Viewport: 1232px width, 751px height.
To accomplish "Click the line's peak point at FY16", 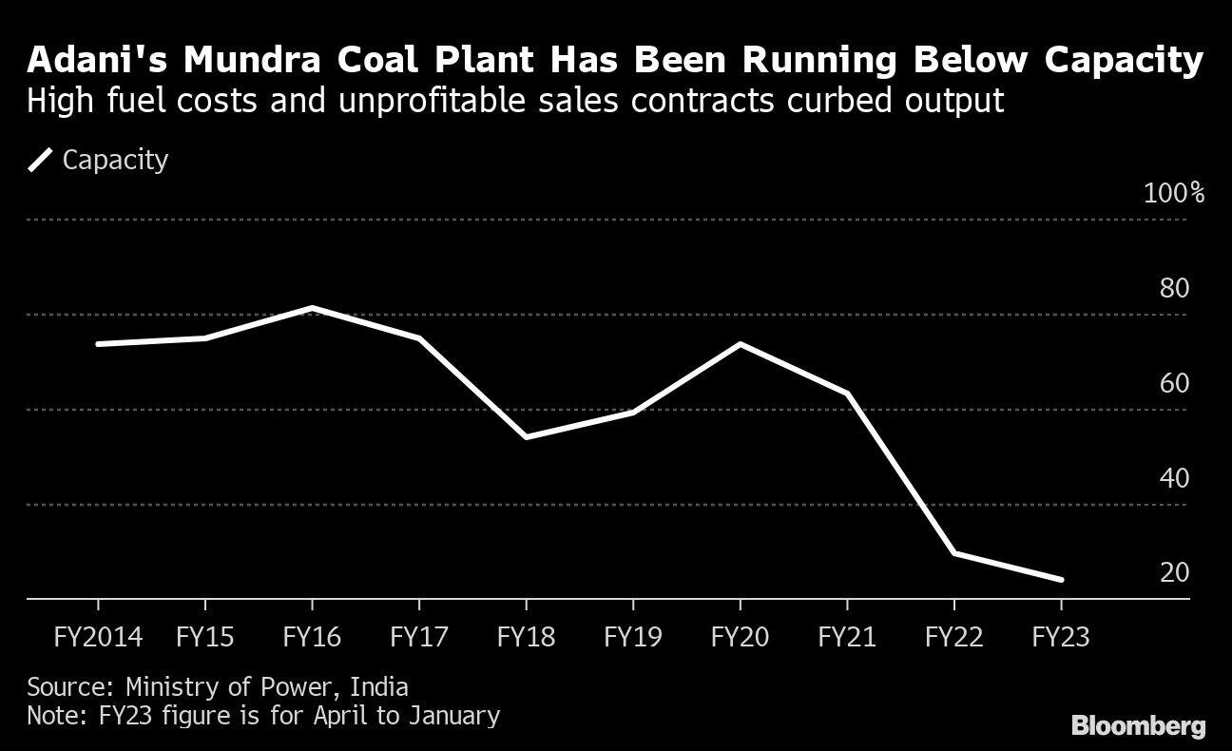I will (312, 307).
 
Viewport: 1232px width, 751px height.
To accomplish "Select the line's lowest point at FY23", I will (1061, 579).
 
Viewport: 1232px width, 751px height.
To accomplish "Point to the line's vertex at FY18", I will (526, 436).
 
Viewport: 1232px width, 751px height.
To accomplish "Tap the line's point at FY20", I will (740, 344).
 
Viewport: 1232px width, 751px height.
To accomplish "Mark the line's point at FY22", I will (953, 552).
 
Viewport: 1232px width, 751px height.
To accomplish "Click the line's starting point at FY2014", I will (98, 344).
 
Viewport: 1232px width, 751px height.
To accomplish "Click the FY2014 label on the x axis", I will (98, 637).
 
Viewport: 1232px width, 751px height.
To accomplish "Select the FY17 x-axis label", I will (418, 637).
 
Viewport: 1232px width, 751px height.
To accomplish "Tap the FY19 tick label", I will (632, 637).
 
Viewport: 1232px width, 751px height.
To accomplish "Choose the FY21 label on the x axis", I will (846, 637).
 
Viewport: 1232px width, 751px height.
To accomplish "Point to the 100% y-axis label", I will (1174, 194).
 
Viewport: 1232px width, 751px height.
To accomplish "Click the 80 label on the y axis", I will (1174, 288).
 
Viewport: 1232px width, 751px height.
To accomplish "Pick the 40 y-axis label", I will (1174, 478).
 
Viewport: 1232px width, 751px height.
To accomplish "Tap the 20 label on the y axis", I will (1174, 572).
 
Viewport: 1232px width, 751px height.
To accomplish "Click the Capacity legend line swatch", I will (40, 160).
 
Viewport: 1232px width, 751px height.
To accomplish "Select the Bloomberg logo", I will (1138, 726).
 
